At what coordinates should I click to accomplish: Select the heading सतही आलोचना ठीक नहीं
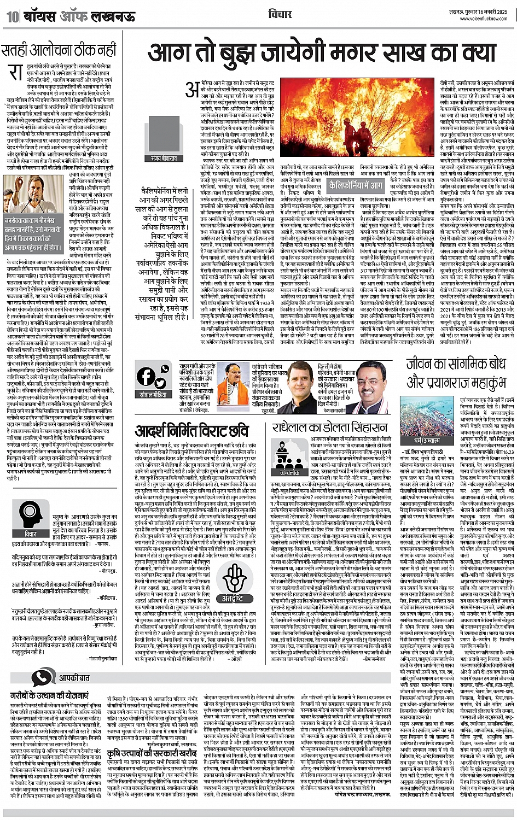tap(59, 50)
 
